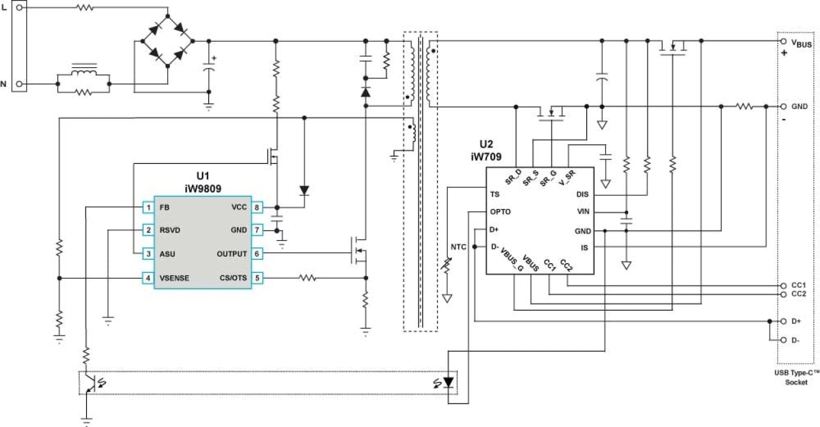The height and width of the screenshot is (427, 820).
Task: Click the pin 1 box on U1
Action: [x=148, y=207]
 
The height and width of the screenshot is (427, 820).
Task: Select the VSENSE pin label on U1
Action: [x=174, y=278]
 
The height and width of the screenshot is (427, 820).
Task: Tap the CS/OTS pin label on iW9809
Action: [x=233, y=278]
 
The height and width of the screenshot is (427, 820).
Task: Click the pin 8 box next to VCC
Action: [x=257, y=207]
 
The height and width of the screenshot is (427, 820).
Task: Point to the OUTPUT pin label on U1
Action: [x=232, y=254]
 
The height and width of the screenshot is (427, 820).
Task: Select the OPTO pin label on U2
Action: [x=500, y=212]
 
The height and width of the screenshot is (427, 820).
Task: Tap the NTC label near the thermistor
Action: [x=458, y=247]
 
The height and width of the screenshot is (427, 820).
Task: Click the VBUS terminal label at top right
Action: [x=802, y=44]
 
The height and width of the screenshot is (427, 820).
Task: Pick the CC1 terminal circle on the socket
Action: [x=783, y=286]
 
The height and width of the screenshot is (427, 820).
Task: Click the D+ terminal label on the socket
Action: [x=796, y=321]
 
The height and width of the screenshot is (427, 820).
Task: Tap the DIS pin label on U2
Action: [x=582, y=195]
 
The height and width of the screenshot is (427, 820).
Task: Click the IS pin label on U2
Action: [x=585, y=247]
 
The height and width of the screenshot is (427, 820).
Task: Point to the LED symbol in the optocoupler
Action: [x=448, y=382]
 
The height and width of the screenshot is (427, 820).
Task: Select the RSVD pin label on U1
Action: [x=170, y=230]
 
